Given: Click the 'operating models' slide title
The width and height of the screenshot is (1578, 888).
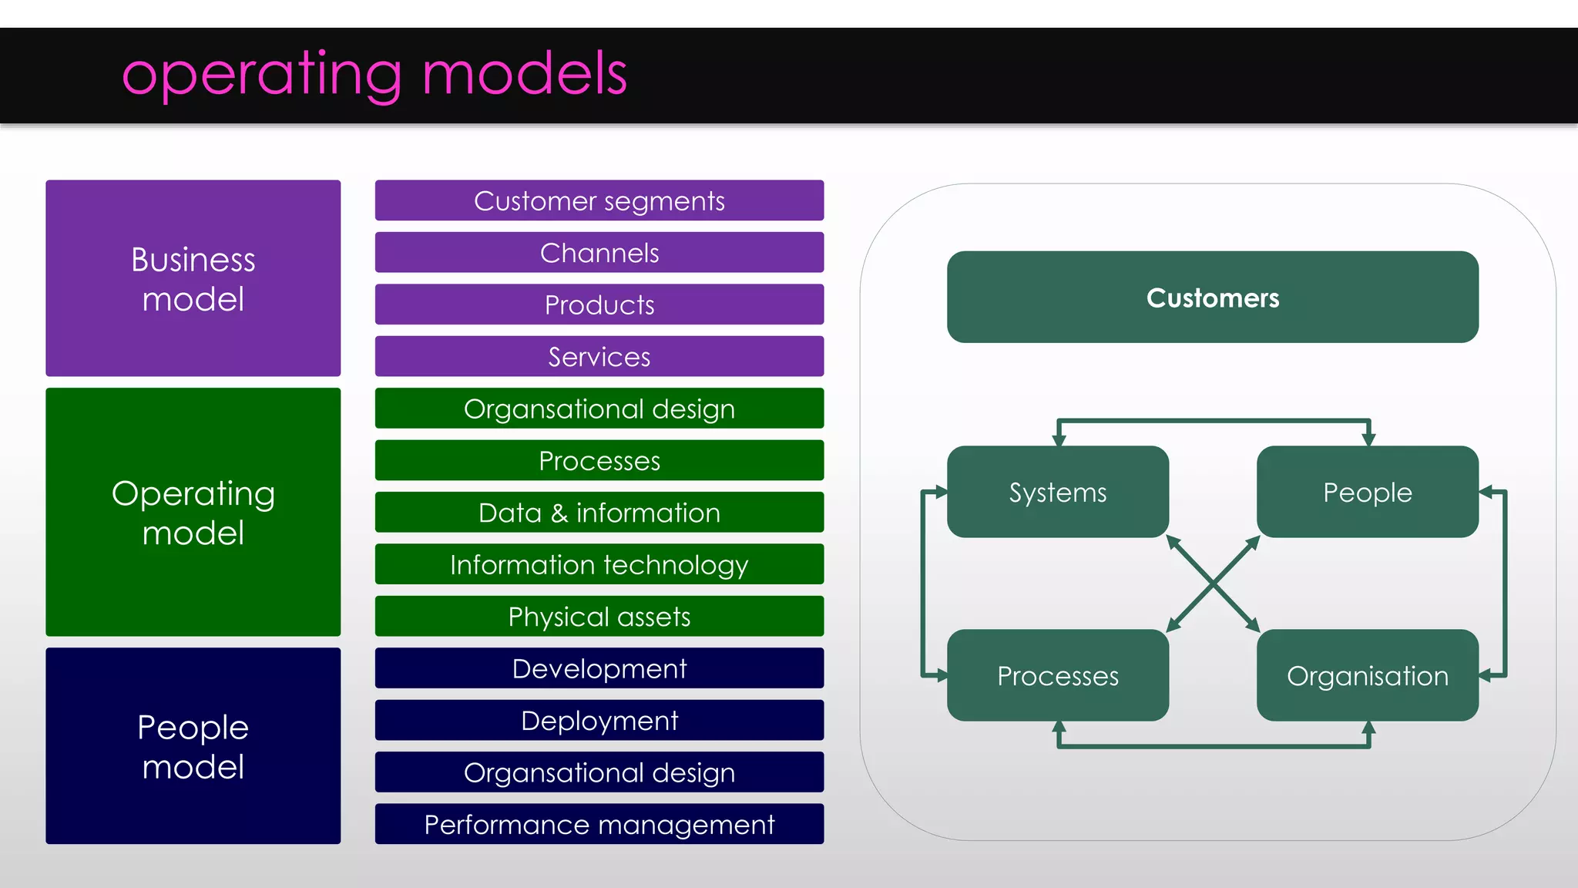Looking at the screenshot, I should pos(374,74).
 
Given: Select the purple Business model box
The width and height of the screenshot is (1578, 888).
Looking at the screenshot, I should pos(193,278).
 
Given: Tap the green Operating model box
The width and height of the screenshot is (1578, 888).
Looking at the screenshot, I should pos(193,512).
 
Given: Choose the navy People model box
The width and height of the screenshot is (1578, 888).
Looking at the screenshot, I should pos(193,745).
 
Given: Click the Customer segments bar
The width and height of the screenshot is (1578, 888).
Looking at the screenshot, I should pos(599,200).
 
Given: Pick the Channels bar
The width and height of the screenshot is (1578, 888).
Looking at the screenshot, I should pos(599,253).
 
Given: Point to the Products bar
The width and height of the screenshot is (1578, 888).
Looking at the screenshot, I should pos(599,304).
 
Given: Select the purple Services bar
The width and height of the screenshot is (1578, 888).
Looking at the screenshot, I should pos(599,356).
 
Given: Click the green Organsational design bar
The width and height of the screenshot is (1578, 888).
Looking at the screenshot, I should pos(599,409).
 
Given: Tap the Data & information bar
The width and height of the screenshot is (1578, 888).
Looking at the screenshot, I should pos(599,513).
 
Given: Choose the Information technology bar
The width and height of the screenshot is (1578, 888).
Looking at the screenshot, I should pos(599,564).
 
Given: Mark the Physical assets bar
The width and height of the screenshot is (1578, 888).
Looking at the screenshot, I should pos(599,616).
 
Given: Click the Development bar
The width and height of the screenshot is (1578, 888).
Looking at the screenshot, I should pos(599,668).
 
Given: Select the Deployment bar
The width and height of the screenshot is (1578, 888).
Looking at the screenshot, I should pos(599,720).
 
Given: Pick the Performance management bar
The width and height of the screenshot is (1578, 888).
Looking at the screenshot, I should pos(599,824).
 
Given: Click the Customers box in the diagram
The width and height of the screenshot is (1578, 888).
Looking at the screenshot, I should pos(1212,297).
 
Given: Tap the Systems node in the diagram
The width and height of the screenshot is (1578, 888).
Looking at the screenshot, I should pos(1057,492).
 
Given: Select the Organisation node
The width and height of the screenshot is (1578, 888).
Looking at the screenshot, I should pos(1367,675).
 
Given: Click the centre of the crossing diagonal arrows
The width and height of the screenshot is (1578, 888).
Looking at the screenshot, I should pos(1213,584).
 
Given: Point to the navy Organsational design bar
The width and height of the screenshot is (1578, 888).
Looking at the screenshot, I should pos(599,772).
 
